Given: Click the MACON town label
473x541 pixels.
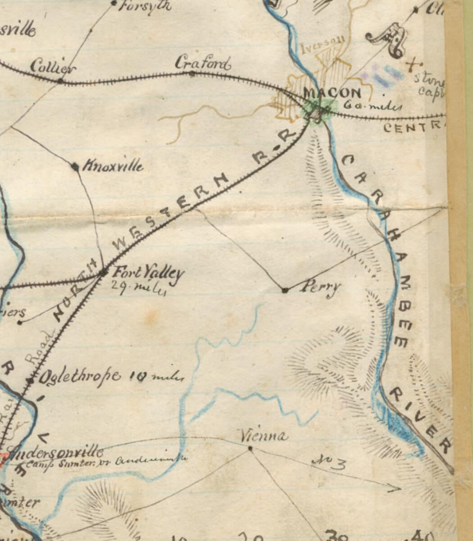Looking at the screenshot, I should click(x=332, y=93).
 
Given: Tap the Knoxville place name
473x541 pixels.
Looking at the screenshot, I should click(x=113, y=166).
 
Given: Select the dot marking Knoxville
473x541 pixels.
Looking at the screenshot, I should click(x=75, y=166).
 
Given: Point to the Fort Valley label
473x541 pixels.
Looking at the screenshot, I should click(x=148, y=273).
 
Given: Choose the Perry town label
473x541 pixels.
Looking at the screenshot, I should click(x=320, y=287).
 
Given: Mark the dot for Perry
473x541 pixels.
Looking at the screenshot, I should click(x=285, y=290).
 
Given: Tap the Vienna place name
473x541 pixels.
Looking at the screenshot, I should click(x=264, y=436).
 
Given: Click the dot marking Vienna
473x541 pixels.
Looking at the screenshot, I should click(x=250, y=448).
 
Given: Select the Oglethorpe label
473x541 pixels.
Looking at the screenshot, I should click(x=80, y=376).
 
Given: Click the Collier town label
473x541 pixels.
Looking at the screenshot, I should click(x=53, y=67).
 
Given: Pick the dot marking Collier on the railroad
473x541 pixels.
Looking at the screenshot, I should click(x=60, y=81).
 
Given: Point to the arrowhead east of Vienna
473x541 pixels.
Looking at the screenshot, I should click(x=396, y=488).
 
